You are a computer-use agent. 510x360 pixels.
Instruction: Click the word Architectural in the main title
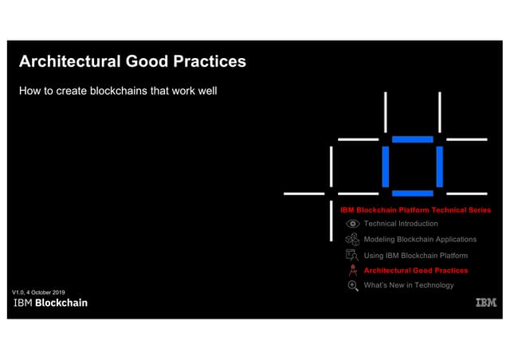point(70,61)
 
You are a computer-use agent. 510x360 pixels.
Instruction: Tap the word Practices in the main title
point(210,61)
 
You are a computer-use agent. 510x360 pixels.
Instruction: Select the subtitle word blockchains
point(119,91)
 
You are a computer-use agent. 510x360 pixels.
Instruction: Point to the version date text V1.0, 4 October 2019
point(39,292)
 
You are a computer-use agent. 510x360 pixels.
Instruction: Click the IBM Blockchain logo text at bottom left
point(51,303)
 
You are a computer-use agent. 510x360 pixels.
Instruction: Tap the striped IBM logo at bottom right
point(486,303)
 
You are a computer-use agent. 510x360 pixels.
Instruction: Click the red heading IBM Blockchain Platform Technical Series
point(416,210)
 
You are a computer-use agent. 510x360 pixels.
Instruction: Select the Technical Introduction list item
point(401,224)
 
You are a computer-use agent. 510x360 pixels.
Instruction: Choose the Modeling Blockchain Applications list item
point(420,240)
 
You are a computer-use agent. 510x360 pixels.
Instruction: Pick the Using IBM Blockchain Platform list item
point(416,256)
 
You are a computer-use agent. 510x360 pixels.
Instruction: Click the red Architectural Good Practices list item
point(416,271)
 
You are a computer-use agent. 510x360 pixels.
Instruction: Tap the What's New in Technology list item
point(409,285)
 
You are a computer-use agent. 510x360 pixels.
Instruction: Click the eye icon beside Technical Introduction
point(352,224)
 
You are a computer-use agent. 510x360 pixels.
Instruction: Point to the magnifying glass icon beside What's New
point(353,286)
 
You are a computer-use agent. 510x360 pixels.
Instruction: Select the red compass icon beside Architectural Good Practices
point(353,270)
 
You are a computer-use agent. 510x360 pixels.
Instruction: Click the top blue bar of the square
point(413,139)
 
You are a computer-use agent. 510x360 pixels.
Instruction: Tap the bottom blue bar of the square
point(413,194)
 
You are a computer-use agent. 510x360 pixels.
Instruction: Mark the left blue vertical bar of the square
point(386,166)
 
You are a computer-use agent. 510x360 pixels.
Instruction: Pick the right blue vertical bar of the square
point(440,166)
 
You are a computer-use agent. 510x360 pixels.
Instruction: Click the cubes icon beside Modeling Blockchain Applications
point(352,240)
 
